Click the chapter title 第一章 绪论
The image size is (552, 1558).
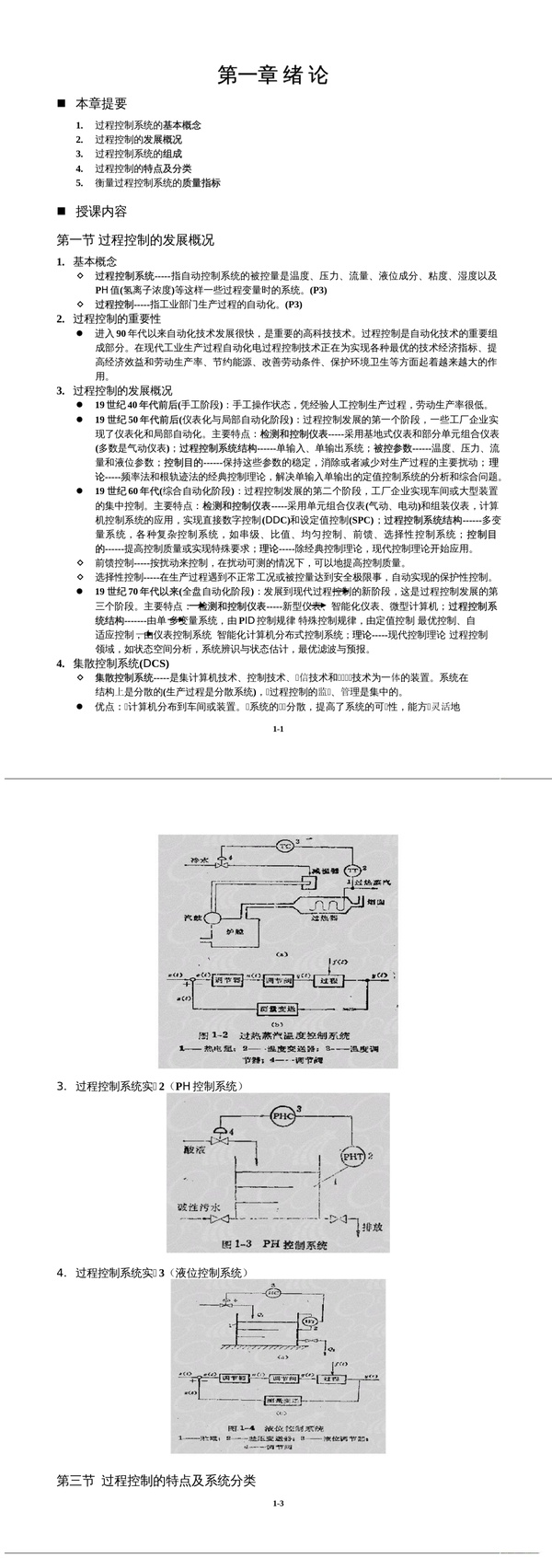(272, 75)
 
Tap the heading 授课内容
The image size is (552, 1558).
(101, 211)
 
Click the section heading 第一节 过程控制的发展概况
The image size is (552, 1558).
(135, 240)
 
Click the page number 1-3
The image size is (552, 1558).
(278, 1504)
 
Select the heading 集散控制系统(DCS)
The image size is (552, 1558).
(121, 664)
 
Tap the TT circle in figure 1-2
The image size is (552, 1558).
(352, 871)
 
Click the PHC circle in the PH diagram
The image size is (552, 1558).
(282, 1115)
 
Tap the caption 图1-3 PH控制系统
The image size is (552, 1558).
(276, 1246)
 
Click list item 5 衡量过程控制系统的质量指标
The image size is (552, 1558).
(157, 183)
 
